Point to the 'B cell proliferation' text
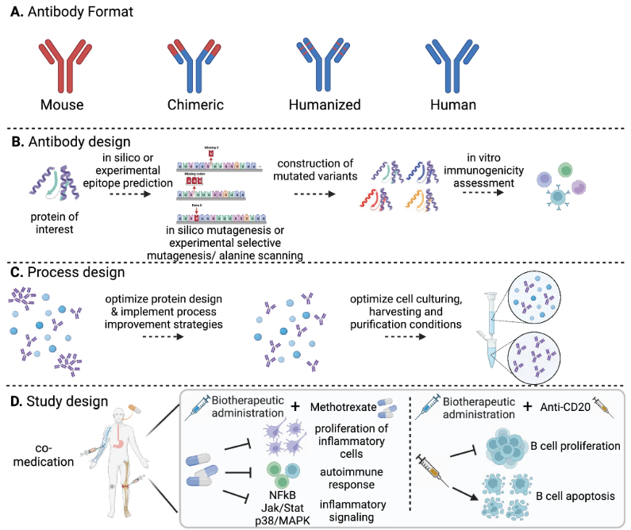coord(566,446)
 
